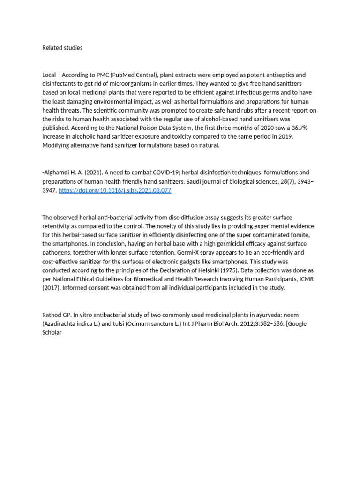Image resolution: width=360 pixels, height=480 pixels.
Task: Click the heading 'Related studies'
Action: pos(62,48)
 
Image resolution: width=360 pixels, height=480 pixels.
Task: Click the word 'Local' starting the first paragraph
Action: pos(49,75)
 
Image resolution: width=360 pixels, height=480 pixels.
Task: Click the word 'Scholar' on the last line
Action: pos(52,332)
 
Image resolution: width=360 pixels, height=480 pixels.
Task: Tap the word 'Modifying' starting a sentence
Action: pos(58,146)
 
